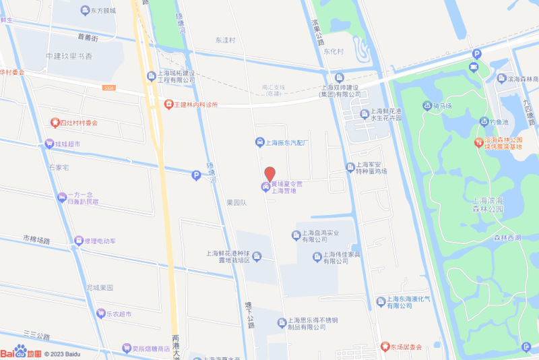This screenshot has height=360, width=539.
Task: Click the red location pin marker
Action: coord(269,173)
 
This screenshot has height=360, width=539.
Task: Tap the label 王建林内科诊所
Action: coord(196,104)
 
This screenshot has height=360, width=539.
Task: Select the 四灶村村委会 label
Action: coord(78,123)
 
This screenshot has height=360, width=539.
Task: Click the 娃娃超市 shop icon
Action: coord(49,144)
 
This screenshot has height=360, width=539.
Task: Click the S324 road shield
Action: coord(109,88)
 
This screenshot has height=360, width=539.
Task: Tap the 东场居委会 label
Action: coord(406,347)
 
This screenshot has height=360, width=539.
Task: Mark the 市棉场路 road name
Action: coord(36,239)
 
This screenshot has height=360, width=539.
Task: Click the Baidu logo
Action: coord(21,351)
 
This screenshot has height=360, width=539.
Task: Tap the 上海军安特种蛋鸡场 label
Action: coord(372,168)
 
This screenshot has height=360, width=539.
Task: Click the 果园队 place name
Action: coord(237,202)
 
